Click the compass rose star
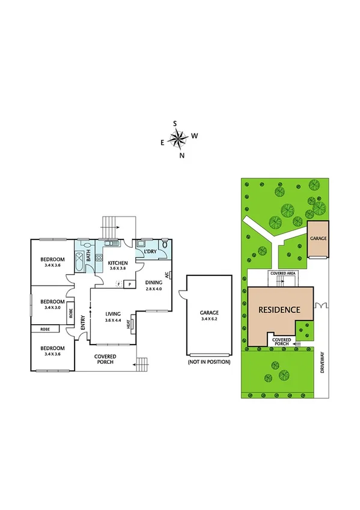pyautogui.click(x=178, y=140)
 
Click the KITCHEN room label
pyautogui.click(x=117, y=263)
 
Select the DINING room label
pyautogui.click(x=154, y=283)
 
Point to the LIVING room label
pyautogui.click(x=114, y=314)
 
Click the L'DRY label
pyautogui.click(x=150, y=251)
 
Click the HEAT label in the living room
pyautogui.click(x=128, y=324)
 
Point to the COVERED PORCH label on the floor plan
pyautogui.click(x=105, y=360)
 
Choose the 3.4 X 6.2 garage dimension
pyautogui.click(x=209, y=319)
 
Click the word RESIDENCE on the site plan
pyautogui.click(x=279, y=310)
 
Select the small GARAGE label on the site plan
pyautogui.click(x=318, y=238)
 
